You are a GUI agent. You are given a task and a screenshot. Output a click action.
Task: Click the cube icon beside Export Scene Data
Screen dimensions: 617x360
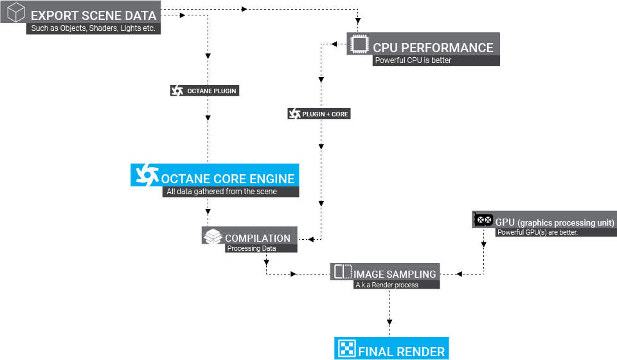tap(16, 12)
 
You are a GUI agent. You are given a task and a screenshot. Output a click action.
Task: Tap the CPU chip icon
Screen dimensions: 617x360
tap(359, 44)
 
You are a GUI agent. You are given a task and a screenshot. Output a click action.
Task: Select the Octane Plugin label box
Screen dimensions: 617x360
tap(204, 91)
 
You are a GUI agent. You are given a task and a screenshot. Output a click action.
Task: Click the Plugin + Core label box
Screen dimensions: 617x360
tap(319, 114)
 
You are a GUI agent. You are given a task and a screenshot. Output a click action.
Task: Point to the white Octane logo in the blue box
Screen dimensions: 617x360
tap(147, 175)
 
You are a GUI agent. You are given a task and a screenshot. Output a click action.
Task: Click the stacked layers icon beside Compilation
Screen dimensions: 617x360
tap(213, 236)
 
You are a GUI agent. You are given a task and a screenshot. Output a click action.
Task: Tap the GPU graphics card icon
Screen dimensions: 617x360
tap(483, 220)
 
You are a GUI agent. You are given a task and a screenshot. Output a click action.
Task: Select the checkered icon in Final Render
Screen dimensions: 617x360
tap(346, 348)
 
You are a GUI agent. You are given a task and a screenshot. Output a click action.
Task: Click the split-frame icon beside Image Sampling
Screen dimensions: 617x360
tap(343, 271)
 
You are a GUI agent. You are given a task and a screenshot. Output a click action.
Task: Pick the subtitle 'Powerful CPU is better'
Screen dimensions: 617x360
tap(413, 60)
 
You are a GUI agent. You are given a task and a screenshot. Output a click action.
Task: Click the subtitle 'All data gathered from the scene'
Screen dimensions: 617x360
tap(222, 192)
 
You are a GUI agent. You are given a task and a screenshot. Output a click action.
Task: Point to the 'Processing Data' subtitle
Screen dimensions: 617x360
tap(251, 248)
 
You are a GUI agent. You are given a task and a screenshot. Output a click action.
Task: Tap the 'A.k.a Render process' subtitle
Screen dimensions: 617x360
tap(387, 285)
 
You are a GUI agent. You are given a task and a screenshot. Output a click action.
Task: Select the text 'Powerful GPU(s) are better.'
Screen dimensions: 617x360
tap(537, 232)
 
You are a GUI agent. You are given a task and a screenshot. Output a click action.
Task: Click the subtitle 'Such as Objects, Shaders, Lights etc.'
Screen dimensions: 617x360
tap(93, 28)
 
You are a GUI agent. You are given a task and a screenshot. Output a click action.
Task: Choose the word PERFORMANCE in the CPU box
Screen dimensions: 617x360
tap(447, 48)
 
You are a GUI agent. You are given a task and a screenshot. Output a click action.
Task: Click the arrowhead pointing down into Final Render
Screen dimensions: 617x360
tap(389, 322)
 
